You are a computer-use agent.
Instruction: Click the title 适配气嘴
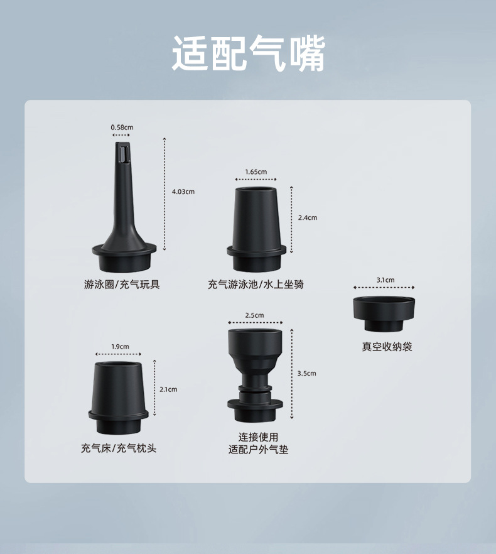248,53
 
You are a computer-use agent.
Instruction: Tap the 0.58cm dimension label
122,128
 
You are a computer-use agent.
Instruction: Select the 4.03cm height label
183,192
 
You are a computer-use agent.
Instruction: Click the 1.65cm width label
256,171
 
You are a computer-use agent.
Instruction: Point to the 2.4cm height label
308,217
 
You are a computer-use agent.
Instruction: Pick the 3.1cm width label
385,280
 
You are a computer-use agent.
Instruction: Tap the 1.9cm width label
120,346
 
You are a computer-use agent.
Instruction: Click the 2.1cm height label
168,389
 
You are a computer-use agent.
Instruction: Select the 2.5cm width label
254,315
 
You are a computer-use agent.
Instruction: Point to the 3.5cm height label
307,373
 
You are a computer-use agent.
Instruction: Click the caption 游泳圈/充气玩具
122,285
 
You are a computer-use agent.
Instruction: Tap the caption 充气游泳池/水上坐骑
256,285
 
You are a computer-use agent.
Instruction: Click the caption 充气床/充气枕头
119,448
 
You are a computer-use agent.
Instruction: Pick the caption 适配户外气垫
258,450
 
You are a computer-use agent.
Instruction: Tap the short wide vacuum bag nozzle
384,311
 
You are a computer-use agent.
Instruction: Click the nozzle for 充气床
119,395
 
